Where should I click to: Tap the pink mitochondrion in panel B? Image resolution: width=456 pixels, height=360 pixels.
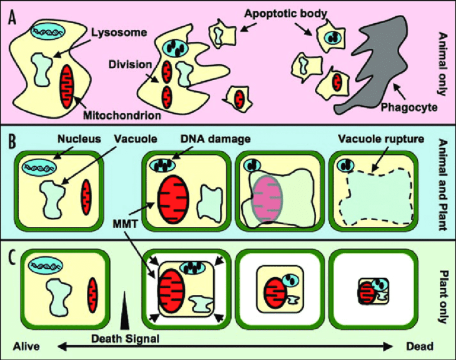point(269,196)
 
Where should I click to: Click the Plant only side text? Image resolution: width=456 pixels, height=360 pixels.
point(443,294)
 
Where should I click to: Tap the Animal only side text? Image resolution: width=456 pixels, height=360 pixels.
point(443,62)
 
